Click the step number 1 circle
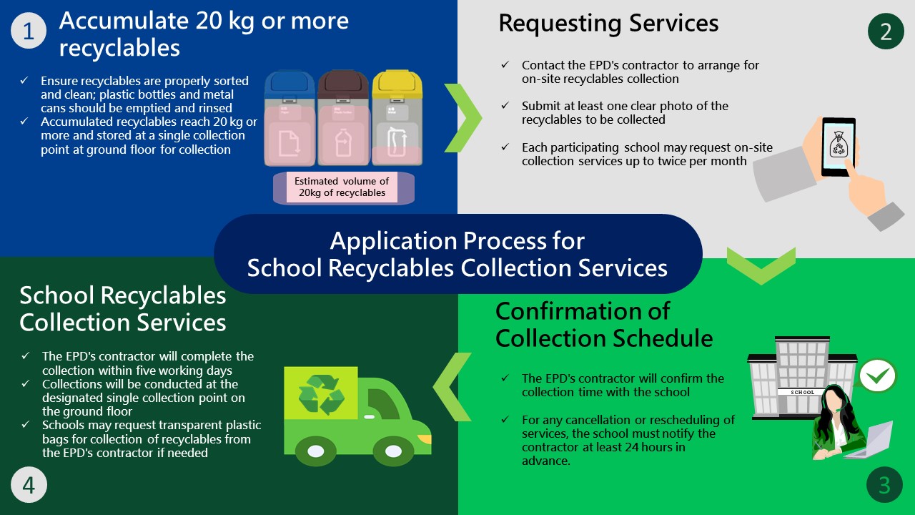[x=29, y=31]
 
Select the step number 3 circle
[x=884, y=485]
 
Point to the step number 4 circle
[x=29, y=485]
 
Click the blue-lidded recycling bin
[x=289, y=118]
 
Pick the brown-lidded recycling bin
[x=342, y=118]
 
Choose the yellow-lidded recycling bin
[x=397, y=118]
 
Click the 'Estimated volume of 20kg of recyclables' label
[x=342, y=187]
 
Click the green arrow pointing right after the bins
[x=463, y=118]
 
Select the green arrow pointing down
[x=761, y=265]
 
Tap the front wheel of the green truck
[x=393, y=451]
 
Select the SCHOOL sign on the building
[x=802, y=392]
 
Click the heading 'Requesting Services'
[x=608, y=24]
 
